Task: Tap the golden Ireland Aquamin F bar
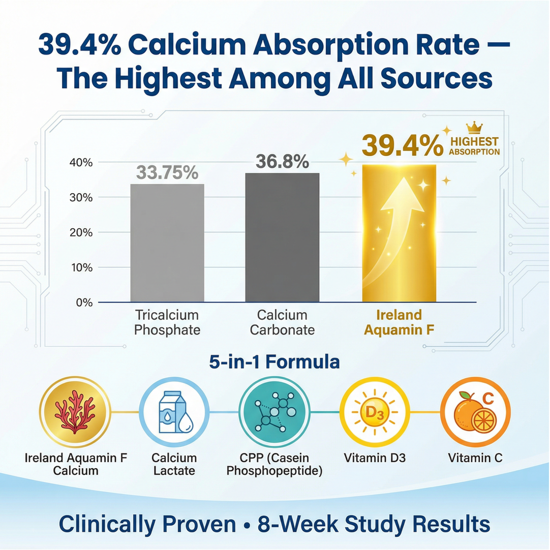[x=399, y=233]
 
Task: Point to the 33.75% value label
[x=167, y=173]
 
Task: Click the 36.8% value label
[x=282, y=162]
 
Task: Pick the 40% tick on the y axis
[x=81, y=163]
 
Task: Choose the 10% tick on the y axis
[x=81, y=267]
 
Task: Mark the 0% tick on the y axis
[x=84, y=302]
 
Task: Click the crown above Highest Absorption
[x=474, y=128]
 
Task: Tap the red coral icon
[x=75, y=412]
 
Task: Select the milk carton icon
[x=174, y=412]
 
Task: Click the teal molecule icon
[x=274, y=412]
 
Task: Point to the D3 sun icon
[x=375, y=412]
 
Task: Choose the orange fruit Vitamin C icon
[x=475, y=412]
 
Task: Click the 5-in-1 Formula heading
[x=274, y=362]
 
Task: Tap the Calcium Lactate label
[x=174, y=464]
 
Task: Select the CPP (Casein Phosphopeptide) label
[x=274, y=464]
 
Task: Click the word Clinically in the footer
[x=147, y=524]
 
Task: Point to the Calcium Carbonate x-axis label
[x=282, y=322]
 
